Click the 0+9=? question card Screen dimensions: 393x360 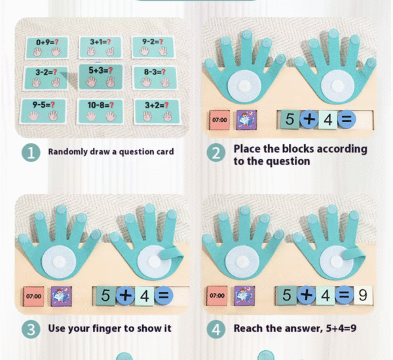point(47,48)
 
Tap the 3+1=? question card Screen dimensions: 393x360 point(100,47)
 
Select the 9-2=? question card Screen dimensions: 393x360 point(153,47)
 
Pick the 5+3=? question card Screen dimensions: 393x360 point(100,77)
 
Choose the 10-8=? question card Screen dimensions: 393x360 point(100,111)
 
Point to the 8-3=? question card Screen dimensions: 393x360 point(155,78)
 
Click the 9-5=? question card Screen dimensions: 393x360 point(43,111)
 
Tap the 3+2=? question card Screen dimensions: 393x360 point(157,111)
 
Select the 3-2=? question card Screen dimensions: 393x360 point(46,78)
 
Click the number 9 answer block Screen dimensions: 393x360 point(363,295)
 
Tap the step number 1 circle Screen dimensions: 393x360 point(31,152)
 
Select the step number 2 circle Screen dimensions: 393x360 point(216,153)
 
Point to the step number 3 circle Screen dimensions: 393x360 point(31,329)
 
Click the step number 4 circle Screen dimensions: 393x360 point(216,329)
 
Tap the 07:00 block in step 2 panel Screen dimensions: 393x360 point(219,120)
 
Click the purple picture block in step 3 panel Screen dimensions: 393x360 point(61,296)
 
